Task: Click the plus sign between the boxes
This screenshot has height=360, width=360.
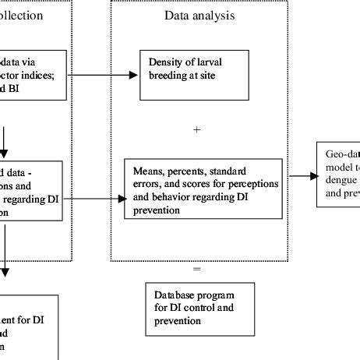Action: click(196, 131)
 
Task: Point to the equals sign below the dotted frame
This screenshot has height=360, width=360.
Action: click(196, 269)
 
